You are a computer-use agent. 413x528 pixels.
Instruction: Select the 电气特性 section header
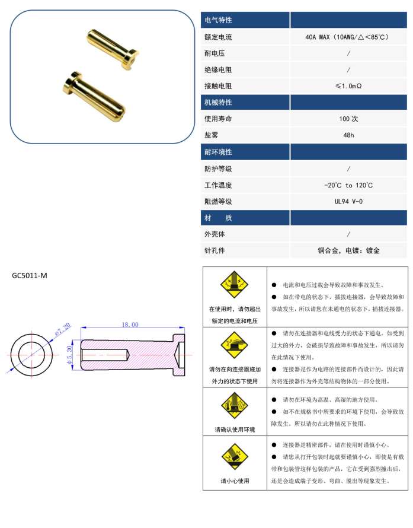(x=218, y=20)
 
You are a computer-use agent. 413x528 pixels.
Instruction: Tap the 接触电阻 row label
(x=218, y=86)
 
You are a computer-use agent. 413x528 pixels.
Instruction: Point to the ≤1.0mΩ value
(x=348, y=86)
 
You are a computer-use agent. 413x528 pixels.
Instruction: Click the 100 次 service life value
(x=348, y=119)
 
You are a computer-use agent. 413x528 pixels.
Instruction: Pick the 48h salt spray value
(x=348, y=135)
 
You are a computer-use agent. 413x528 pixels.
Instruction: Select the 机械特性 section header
(x=218, y=102)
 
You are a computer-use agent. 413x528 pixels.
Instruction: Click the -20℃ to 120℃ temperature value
(x=348, y=185)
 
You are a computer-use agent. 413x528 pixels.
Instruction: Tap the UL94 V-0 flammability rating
(x=348, y=202)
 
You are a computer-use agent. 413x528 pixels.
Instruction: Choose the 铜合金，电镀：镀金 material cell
(x=348, y=250)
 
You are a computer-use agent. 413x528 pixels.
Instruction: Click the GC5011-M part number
(x=30, y=275)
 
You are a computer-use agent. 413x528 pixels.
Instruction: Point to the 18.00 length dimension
(x=130, y=325)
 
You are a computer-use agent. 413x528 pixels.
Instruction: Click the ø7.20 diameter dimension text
(x=63, y=329)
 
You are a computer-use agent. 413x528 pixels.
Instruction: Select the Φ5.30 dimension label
(x=69, y=354)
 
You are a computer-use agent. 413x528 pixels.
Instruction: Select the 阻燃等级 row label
(x=218, y=202)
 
